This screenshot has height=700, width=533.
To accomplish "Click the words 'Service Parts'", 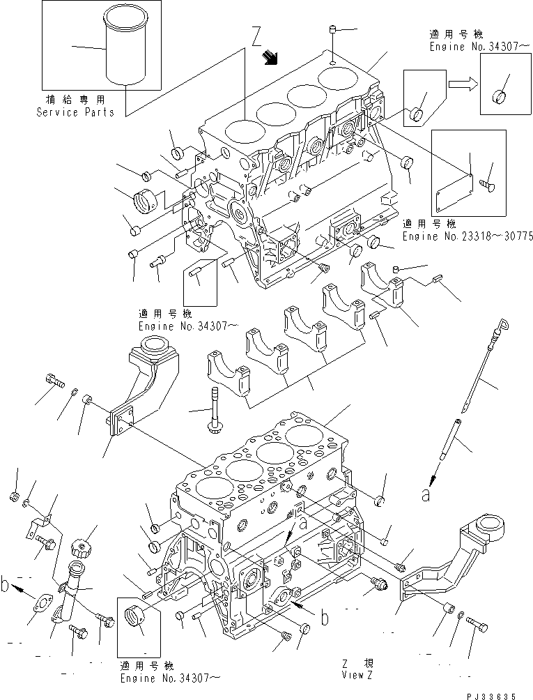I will point(75,112).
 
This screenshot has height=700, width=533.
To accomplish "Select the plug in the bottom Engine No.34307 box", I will point(134,616).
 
